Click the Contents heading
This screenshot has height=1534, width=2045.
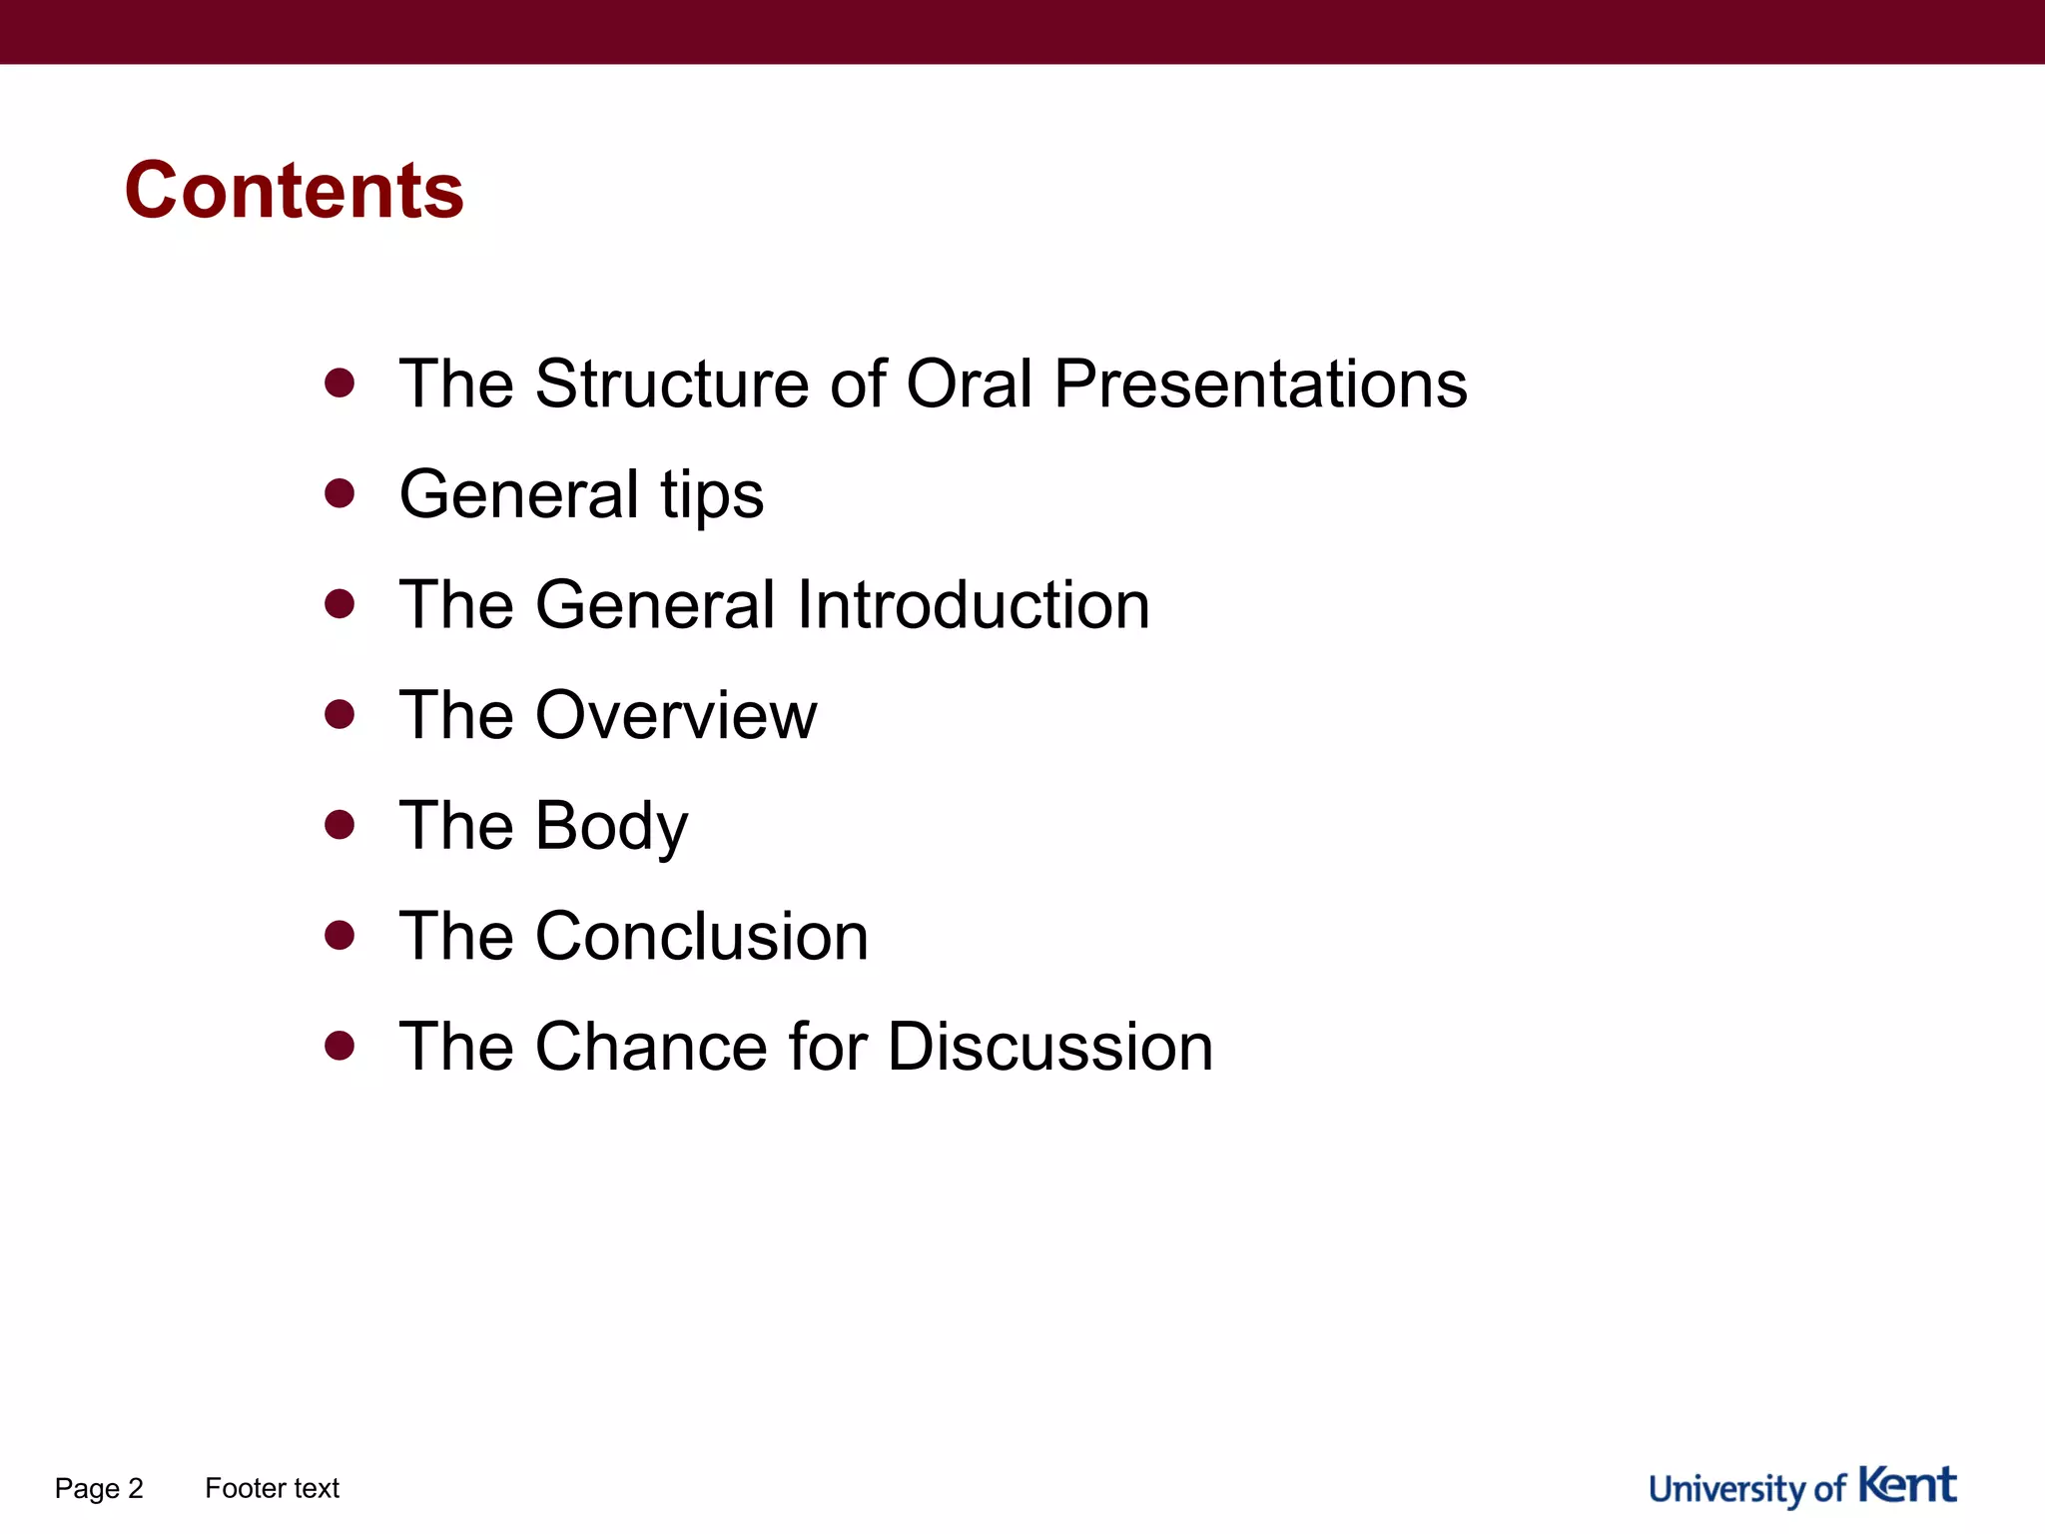[x=294, y=191]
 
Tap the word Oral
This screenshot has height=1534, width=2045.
[x=969, y=383]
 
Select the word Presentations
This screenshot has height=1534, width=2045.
[x=1260, y=383]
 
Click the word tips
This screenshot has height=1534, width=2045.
[x=711, y=495]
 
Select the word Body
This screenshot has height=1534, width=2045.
[x=611, y=827]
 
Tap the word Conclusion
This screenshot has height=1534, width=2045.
[x=701, y=937]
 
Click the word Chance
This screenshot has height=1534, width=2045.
[x=651, y=1047]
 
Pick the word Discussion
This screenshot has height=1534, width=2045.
[x=1049, y=1047]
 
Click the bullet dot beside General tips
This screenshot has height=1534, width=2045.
[x=340, y=493]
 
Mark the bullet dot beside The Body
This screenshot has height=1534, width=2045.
[x=340, y=825]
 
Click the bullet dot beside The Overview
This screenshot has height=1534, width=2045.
[x=340, y=714]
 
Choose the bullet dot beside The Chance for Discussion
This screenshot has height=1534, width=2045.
[x=340, y=1046]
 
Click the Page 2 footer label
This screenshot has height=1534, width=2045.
[x=99, y=1488]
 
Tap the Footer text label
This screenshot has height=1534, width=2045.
[x=272, y=1488]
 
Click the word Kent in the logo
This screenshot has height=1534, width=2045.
[x=1907, y=1485]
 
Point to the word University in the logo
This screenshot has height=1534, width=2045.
[x=1727, y=1489]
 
